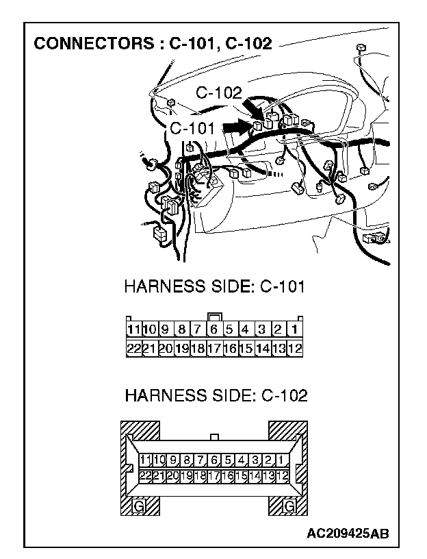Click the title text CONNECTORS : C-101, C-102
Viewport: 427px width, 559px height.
click(153, 44)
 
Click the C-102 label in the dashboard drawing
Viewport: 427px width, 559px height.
click(219, 94)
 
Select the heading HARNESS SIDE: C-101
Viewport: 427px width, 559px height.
click(214, 286)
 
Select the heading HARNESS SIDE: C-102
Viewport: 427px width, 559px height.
click(216, 395)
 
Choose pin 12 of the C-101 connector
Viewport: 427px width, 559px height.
click(296, 348)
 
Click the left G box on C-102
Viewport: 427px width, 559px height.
click(140, 507)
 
